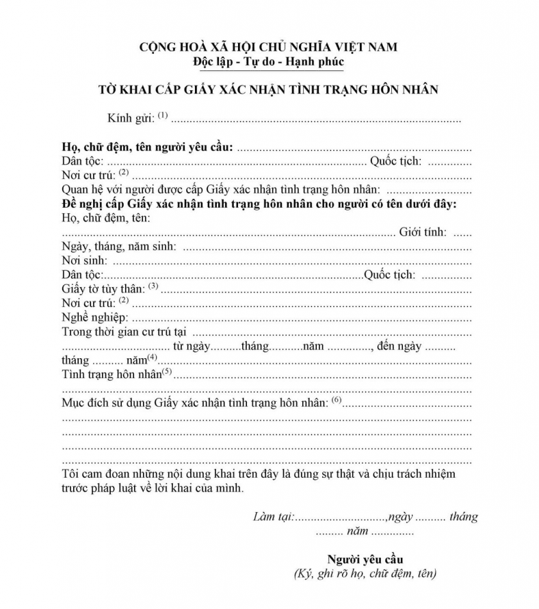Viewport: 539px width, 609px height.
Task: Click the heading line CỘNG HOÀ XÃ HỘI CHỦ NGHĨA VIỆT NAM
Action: [x=268, y=47]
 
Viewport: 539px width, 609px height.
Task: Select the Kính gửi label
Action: [x=131, y=118]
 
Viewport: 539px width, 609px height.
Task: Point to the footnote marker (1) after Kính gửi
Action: [x=163, y=115]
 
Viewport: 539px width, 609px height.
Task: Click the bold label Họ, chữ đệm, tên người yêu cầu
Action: [x=147, y=147]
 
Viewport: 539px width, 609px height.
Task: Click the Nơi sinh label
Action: [x=85, y=260]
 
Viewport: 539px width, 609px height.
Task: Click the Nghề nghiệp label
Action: [x=94, y=318]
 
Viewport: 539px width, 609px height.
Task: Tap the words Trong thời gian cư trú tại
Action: [x=124, y=332]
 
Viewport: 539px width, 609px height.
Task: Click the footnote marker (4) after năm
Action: [x=152, y=357]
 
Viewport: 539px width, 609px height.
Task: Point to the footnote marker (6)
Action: [x=336, y=400]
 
